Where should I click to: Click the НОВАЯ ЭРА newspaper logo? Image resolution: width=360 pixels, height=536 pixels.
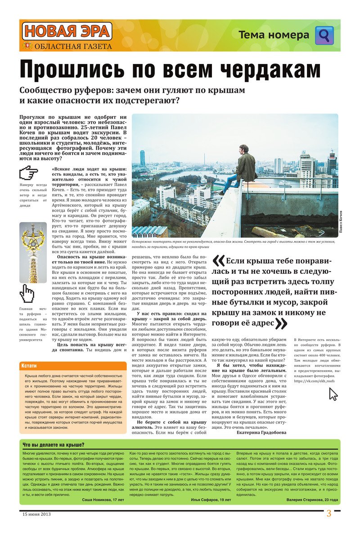[x=66, y=32]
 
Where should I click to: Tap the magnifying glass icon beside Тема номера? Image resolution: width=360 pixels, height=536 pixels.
[x=324, y=35]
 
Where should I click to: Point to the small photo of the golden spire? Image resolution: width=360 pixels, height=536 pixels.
[x=33, y=253]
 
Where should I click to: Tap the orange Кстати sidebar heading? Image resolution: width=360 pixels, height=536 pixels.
[x=29, y=365]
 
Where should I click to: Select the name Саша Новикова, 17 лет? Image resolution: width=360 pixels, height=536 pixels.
[x=103, y=500]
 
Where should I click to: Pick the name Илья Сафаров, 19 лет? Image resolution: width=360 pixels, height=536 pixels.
[x=211, y=500]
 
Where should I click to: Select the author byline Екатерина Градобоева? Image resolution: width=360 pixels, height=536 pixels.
[x=261, y=432]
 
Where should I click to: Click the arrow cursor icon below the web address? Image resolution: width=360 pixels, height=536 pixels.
[x=333, y=394]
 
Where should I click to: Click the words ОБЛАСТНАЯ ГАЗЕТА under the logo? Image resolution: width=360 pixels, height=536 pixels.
[x=70, y=46]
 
